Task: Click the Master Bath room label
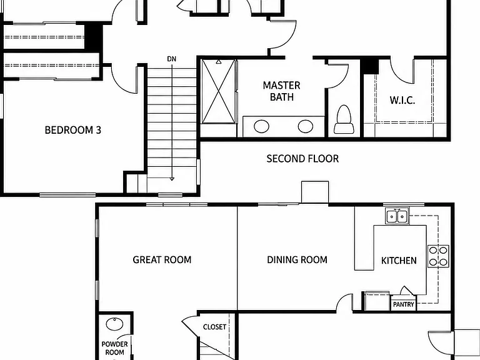(282, 91)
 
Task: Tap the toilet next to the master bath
(344, 119)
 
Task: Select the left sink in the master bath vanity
(261, 126)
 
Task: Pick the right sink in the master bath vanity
(306, 126)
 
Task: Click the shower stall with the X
(218, 91)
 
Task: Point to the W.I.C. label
(402, 100)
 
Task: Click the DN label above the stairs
(172, 59)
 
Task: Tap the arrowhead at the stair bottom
(172, 179)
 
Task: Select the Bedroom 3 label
(73, 130)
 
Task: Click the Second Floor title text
(302, 159)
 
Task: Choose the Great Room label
(162, 259)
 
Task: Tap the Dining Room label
(297, 259)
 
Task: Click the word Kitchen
(399, 261)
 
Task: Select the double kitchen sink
(397, 216)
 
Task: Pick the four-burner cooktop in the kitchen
(438, 256)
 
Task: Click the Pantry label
(403, 304)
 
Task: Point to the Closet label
(214, 327)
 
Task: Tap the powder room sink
(114, 324)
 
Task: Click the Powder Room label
(114, 348)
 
